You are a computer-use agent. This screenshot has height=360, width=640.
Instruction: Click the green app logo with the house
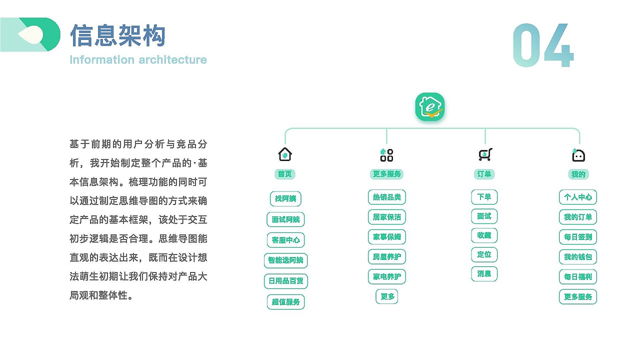coord(430,107)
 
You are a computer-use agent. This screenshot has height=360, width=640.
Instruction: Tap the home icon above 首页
coord(285,154)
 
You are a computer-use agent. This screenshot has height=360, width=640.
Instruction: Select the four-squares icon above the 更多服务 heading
coord(386,155)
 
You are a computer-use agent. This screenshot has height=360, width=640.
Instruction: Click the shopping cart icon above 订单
coord(485,154)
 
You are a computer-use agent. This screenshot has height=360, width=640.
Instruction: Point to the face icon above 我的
coord(578,155)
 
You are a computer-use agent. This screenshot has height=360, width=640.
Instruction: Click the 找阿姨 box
coord(285,198)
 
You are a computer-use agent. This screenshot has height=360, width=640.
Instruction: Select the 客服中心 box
coord(285,240)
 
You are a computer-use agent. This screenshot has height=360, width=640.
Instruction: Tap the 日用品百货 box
coord(285,281)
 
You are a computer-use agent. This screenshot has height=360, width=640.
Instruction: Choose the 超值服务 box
coord(285,302)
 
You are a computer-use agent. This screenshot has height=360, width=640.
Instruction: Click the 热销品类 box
coord(387,197)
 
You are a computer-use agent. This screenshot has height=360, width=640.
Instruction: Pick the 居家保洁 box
coord(387,217)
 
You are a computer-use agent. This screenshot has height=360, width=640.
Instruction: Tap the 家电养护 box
coord(387,276)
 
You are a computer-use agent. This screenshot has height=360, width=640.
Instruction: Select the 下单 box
coord(484,197)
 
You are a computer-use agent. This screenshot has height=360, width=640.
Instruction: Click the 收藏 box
coord(484,235)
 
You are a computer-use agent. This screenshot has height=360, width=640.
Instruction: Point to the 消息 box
coord(484,274)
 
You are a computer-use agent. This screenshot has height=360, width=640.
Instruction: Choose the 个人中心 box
coord(578,197)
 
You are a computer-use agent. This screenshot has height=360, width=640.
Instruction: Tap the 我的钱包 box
coord(578,257)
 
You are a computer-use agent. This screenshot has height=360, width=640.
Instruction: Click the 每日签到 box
coord(578,237)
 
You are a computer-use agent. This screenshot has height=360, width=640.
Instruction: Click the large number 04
coord(543,45)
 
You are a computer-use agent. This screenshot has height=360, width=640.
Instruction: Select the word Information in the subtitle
coord(102,59)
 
